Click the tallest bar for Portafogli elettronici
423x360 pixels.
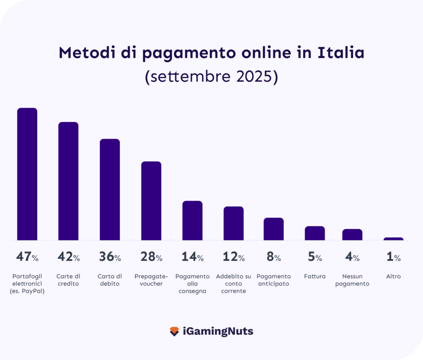[x=27, y=174]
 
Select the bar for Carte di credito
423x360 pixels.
[x=69, y=181]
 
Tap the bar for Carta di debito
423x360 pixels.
[x=110, y=189]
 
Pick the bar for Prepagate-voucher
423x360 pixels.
[x=151, y=201]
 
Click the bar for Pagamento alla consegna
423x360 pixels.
[x=192, y=220]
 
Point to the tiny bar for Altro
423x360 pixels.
[x=393, y=239]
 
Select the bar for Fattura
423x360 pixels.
[x=315, y=233]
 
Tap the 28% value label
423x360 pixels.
[x=151, y=257]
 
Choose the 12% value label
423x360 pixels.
[x=234, y=257]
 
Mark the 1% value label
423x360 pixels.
[x=393, y=257]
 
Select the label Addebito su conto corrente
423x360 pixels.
[x=233, y=284]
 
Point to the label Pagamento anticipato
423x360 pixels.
[x=273, y=280]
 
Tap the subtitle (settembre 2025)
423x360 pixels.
[x=211, y=77]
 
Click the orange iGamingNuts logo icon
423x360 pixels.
[x=174, y=331]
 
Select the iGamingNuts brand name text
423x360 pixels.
[x=218, y=331]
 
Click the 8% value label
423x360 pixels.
[x=273, y=257]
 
